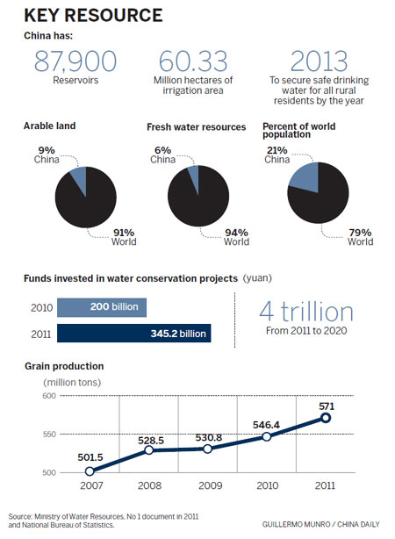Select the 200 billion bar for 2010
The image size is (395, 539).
pos(102,308)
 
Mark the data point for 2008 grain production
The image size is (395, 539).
pos(149,450)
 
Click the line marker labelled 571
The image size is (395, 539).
pos(325,418)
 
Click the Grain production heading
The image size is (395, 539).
pos(64,365)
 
